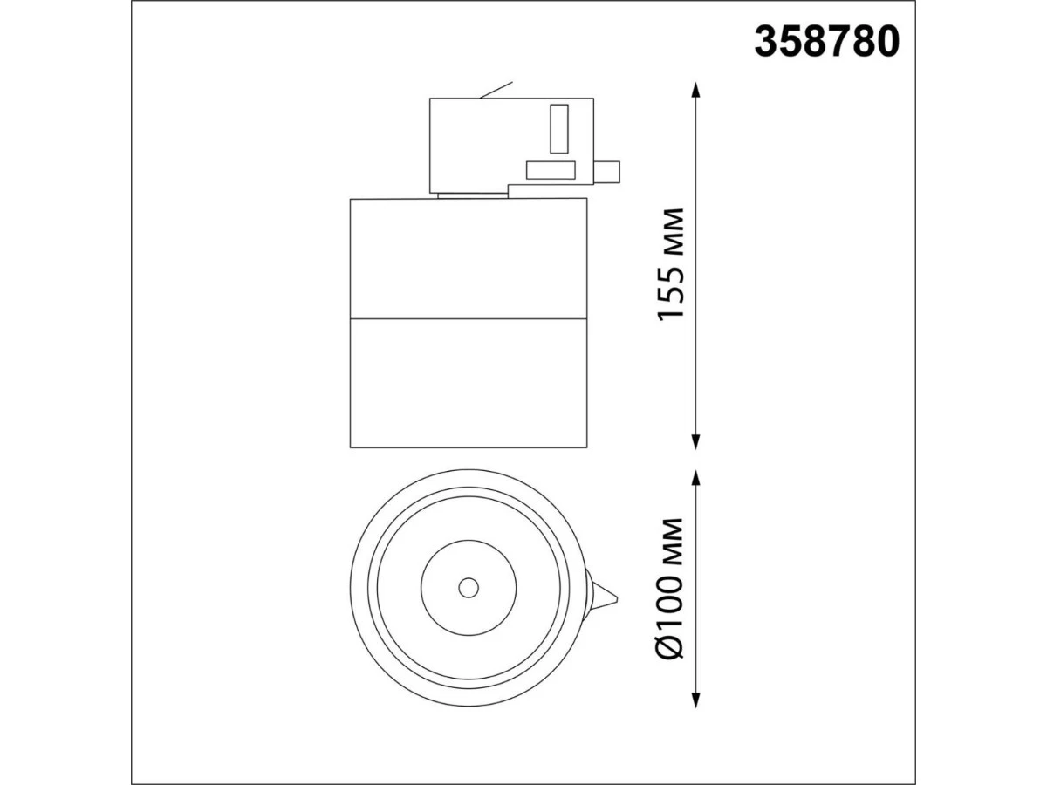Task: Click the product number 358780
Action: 826,42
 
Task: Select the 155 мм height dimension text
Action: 670,264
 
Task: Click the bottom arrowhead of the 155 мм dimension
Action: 696,441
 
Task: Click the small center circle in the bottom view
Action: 469,588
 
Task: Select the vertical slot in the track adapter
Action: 559,129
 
